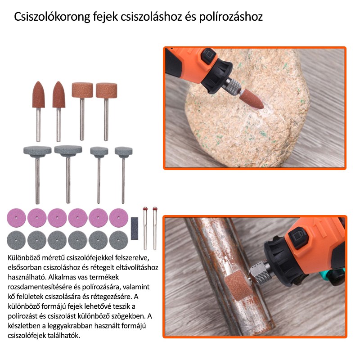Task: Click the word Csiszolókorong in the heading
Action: (52, 17)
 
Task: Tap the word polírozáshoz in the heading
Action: (231, 17)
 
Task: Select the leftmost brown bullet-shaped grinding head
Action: (38, 94)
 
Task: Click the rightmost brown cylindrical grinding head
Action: (106, 90)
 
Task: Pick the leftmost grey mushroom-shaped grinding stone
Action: (37, 151)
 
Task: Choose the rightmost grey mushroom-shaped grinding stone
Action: (123, 152)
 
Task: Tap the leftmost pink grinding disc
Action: (16, 218)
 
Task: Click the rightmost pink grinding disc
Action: (118, 218)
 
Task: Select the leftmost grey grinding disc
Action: (16, 240)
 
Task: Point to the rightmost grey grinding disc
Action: (118, 240)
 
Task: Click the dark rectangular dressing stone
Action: (135, 229)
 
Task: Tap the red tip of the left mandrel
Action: (145, 209)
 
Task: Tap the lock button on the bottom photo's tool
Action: (298, 238)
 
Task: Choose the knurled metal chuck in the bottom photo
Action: (262, 273)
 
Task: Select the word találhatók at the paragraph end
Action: (64, 335)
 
